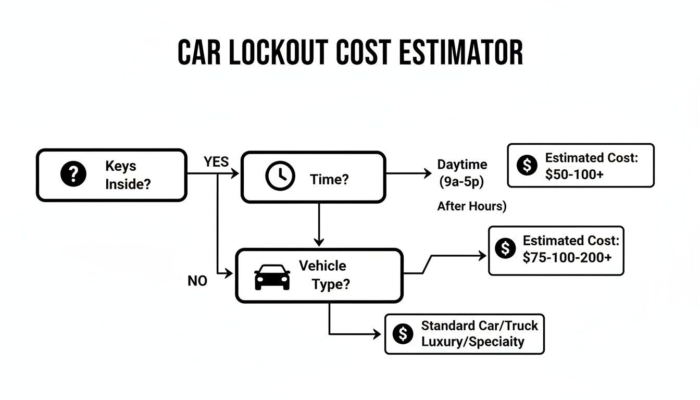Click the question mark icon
(73, 174)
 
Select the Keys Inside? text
(127, 175)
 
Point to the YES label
(216, 162)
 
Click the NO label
(197, 281)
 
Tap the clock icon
(280, 176)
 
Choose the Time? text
(329, 179)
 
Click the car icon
(272, 277)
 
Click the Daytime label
(462, 165)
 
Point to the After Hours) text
(471, 206)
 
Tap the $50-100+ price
(574, 174)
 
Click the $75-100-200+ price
(567, 257)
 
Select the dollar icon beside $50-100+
(527, 166)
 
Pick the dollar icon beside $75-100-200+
(505, 248)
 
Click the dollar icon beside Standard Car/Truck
(403, 334)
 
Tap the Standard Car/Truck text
(479, 326)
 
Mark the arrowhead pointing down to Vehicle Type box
(319, 242)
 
